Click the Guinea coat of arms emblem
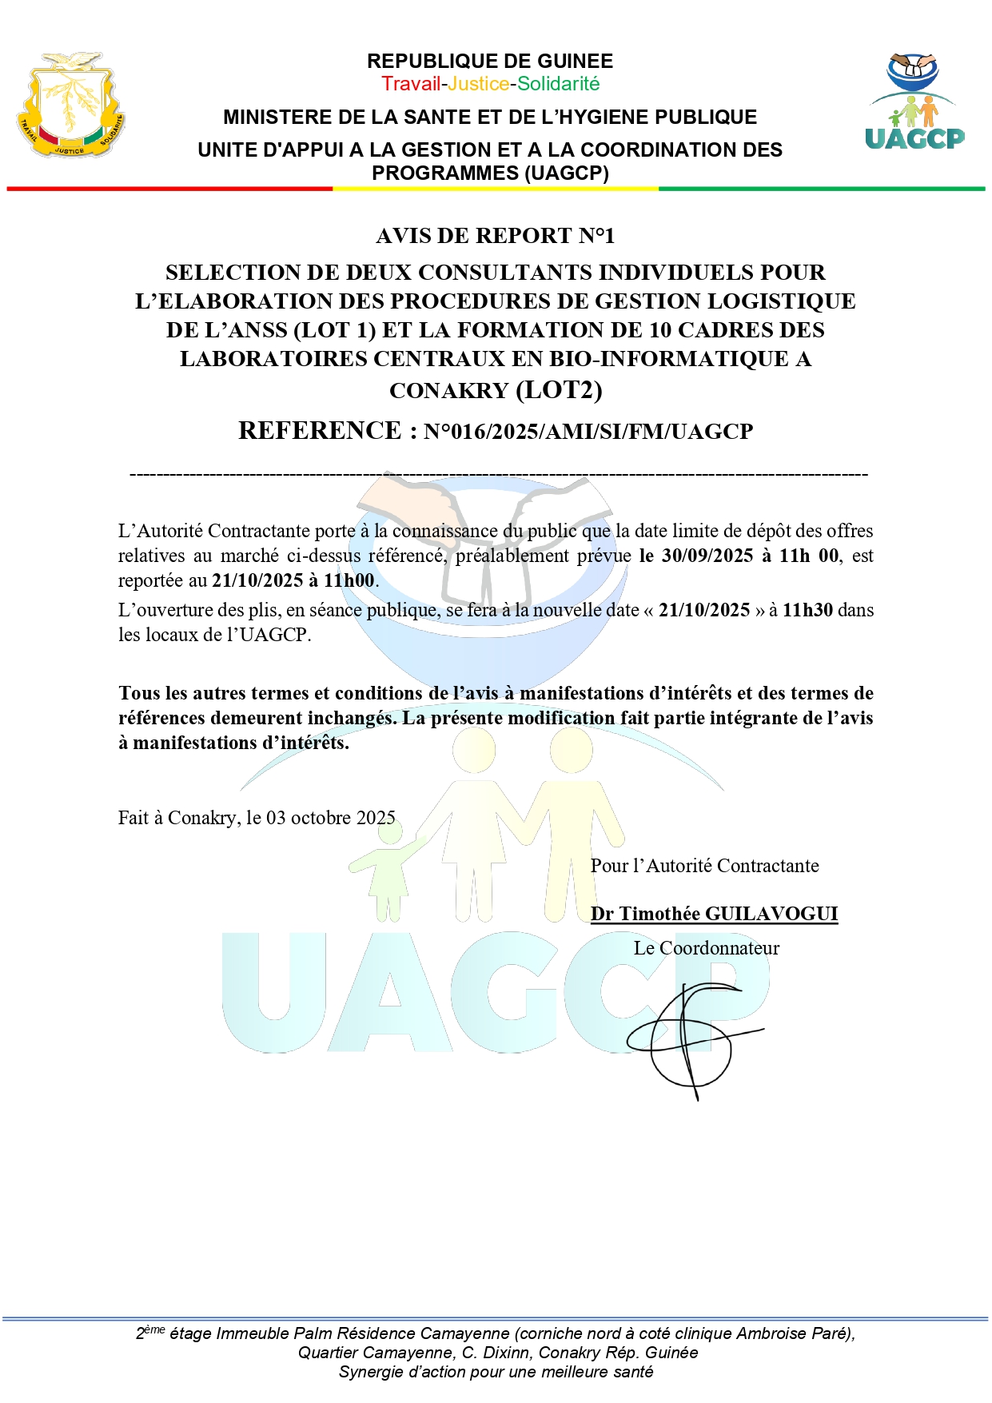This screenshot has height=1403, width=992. pyautogui.click(x=70, y=106)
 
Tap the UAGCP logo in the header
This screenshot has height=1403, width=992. pyautogui.click(x=914, y=102)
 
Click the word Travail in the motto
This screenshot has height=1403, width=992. pyautogui.click(x=411, y=84)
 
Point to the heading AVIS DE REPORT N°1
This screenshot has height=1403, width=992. pyautogui.click(x=496, y=236)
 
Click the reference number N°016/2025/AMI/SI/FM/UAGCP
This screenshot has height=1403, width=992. pyautogui.click(x=588, y=432)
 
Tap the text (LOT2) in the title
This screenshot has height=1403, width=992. pyautogui.click(x=559, y=390)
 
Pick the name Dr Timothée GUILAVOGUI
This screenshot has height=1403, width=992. pyautogui.click(x=714, y=914)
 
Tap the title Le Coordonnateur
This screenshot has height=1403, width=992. pyautogui.click(x=706, y=948)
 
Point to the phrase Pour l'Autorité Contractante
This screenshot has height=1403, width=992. pyautogui.click(x=704, y=866)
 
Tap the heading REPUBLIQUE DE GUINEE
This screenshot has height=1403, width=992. pyautogui.click(x=490, y=62)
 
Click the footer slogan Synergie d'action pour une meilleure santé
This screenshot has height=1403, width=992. pyautogui.click(x=496, y=1372)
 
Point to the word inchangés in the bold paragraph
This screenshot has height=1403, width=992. pyautogui.click(x=351, y=718)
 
